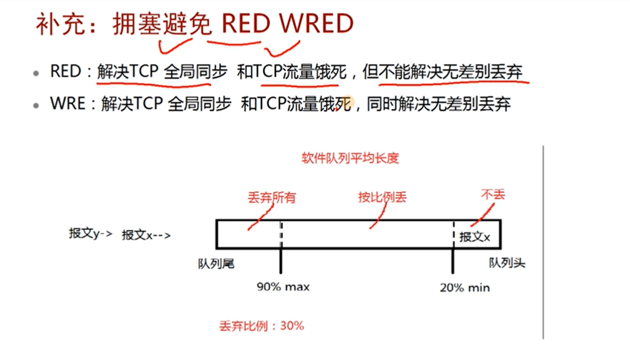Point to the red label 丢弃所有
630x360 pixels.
point(272,197)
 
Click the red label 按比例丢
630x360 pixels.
point(382,197)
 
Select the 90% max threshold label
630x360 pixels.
point(283,287)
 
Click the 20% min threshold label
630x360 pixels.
point(465,287)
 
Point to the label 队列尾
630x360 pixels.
point(216,264)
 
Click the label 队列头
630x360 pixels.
point(507,263)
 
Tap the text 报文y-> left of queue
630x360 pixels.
point(90,234)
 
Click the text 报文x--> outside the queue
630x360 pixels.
point(146,235)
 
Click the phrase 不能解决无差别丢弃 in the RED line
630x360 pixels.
point(451,72)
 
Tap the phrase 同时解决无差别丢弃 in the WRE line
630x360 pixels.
point(439,105)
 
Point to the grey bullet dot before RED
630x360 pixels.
point(37,73)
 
